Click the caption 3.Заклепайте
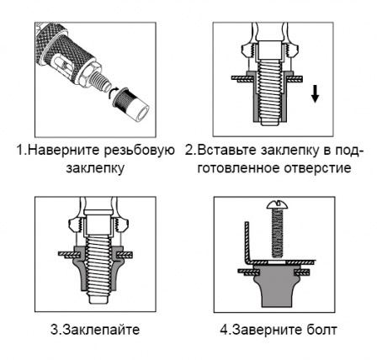(x=95, y=330)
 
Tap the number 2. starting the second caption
(x=190, y=151)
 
